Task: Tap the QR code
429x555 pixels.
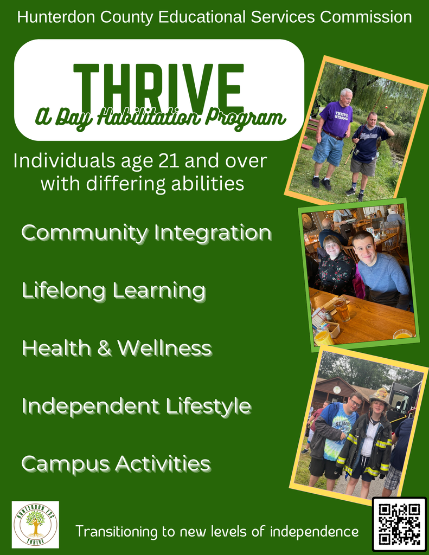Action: [399, 524]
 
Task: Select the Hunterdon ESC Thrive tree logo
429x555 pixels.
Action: [35, 524]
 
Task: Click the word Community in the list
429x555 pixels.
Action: [85, 233]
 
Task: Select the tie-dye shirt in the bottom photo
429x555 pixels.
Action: [341, 425]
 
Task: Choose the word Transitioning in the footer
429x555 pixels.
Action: [116, 531]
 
